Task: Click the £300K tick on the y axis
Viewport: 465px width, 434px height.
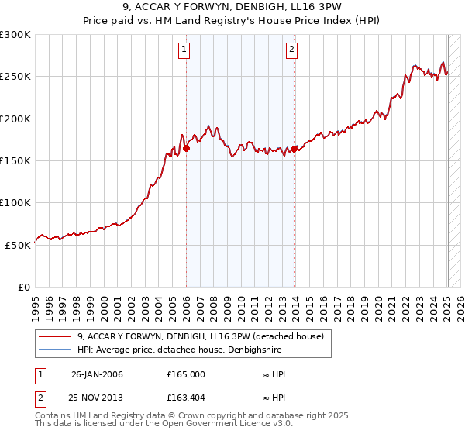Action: (x=15, y=35)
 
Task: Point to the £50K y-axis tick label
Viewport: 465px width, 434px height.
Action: (x=18, y=244)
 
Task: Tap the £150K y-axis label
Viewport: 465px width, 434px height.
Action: (x=15, y=160)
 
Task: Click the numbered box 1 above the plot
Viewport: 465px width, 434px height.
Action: (x=184, y=50)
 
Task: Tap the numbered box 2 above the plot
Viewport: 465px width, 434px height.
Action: (x=292, y=50)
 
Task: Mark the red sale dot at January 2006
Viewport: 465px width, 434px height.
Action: (x=187, y=149)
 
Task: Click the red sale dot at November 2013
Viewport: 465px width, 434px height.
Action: (x=294, y=150)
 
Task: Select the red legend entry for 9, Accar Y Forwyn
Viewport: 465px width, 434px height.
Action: (x=205, y=336)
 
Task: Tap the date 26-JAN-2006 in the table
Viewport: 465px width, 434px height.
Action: (x=97, y=374)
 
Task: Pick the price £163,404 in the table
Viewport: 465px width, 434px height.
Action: (x=186, y=398)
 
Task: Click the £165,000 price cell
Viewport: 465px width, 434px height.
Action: (x=186, y=374)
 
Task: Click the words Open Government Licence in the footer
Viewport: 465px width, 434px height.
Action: (x=219, y=424)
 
